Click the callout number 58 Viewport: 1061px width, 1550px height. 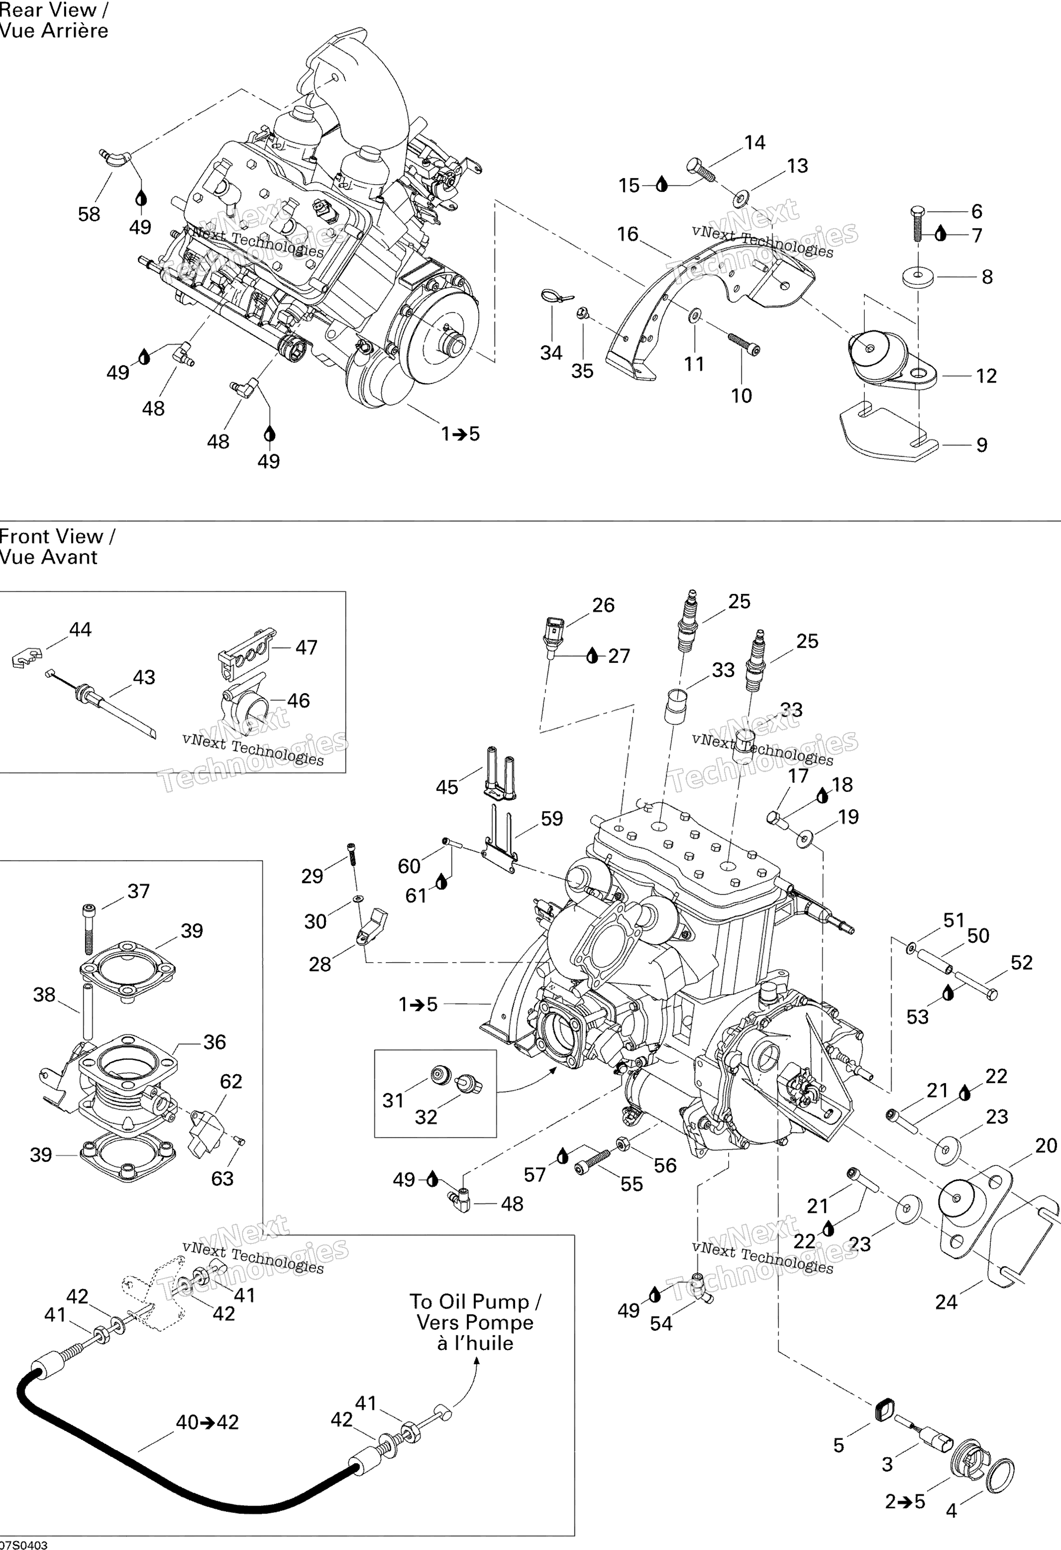point(89,214)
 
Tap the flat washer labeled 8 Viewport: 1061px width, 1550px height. point(918,276)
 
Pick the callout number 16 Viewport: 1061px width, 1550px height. point(627,234)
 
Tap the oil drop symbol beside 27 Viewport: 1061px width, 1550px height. point(592,657)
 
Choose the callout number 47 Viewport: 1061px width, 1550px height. point(306,647)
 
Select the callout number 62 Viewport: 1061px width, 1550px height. point(231,1081)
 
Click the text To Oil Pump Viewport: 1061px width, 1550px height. point(475,1302)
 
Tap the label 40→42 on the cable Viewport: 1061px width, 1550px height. point(207,1423)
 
